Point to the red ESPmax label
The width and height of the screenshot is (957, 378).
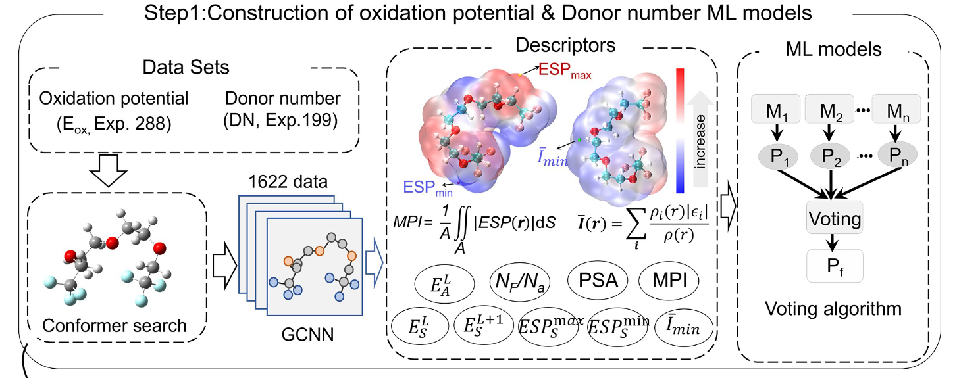coord(565,71)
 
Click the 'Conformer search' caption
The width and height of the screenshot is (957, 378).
coord(115,325)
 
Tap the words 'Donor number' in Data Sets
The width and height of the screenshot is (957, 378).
coord(283,99)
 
